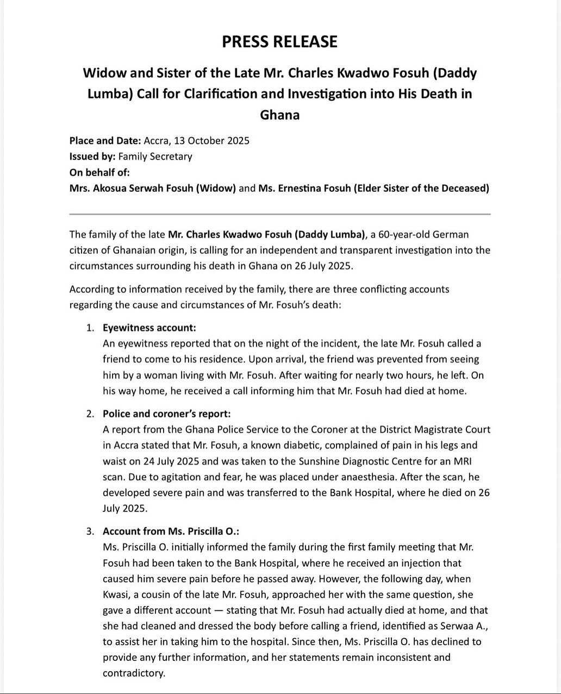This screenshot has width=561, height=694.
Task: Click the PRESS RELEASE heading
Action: tap(279, 42)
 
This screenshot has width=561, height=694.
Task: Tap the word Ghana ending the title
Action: tap(280, 115)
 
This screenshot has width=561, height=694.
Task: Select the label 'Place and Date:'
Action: tap(105, 141)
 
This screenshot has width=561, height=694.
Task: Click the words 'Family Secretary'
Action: tap(155, 157)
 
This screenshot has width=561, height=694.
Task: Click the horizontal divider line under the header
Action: tap(280, 214)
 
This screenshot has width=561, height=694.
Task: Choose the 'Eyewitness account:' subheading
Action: tap(149, 328)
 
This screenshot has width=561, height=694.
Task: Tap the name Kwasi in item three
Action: tap(116, 595)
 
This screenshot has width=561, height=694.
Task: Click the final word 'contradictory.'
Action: tap(134, 673)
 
